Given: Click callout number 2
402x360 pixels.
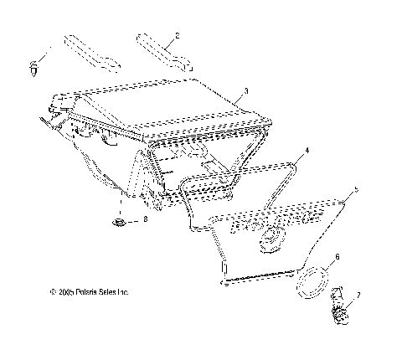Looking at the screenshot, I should (x=177, y=36).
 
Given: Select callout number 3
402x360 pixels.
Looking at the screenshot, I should (x=245, y=90).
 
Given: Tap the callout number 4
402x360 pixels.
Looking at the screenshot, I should (x=307, y=151).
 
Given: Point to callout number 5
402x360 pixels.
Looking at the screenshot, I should (x=358, y=191).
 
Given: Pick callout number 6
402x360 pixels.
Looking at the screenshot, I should (x=338, y=256).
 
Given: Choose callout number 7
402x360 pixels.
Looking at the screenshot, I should (x=359, y=296).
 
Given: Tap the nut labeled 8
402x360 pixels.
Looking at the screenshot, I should (x=121, y=223).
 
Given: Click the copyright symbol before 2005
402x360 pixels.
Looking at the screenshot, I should (x=51, y=293).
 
